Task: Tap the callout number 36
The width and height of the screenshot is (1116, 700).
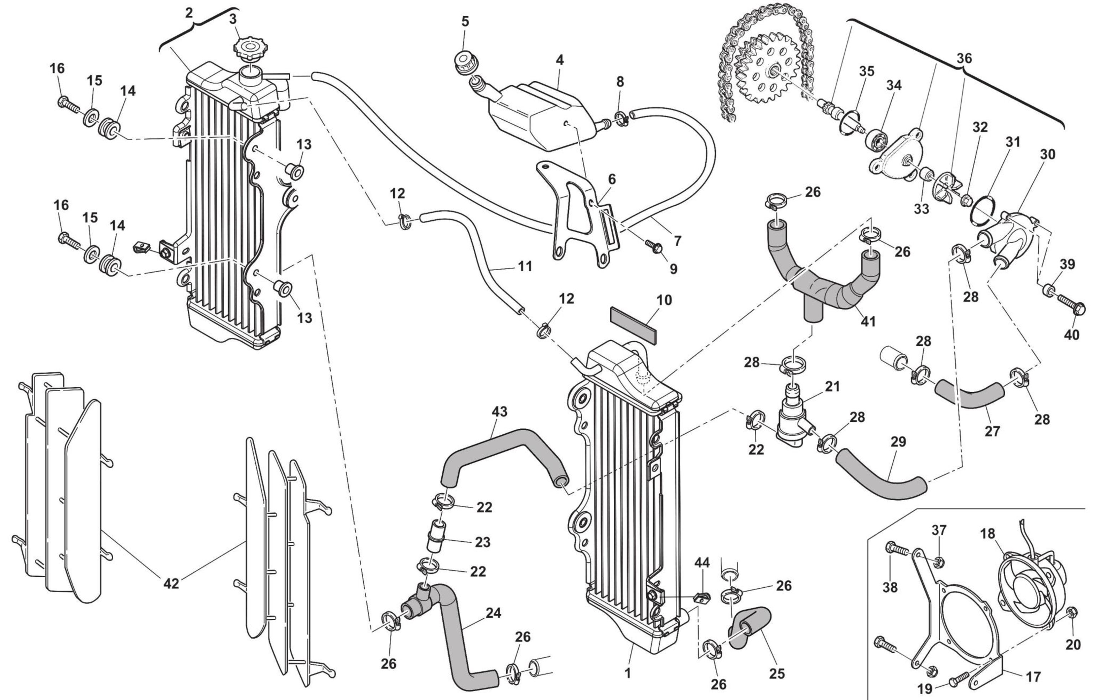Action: [964, 58]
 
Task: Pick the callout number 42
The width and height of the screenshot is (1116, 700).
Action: [171, 583]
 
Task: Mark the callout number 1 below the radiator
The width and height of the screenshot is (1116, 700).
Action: [628, 674]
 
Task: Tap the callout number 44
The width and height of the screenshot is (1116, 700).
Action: [702, 562]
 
